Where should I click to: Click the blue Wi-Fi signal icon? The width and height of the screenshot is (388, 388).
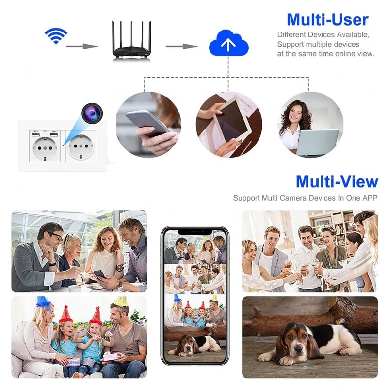point(56,35)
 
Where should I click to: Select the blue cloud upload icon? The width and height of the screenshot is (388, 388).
point(228,44)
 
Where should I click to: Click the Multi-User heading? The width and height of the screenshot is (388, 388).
point(327,19)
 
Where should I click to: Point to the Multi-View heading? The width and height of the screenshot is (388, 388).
point(337,181)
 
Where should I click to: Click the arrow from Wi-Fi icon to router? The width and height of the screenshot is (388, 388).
point(81,46)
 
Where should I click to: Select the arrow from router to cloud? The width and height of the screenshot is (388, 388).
point(181,46)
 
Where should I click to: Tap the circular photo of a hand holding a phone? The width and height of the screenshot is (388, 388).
point(148,125)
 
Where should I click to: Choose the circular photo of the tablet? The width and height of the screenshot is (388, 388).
point(228,125)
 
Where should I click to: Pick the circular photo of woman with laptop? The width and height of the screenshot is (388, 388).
point(311,125)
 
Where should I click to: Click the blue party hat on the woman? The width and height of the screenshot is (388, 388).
point(43,302)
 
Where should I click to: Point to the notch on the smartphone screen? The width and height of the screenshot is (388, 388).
point(194,231)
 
